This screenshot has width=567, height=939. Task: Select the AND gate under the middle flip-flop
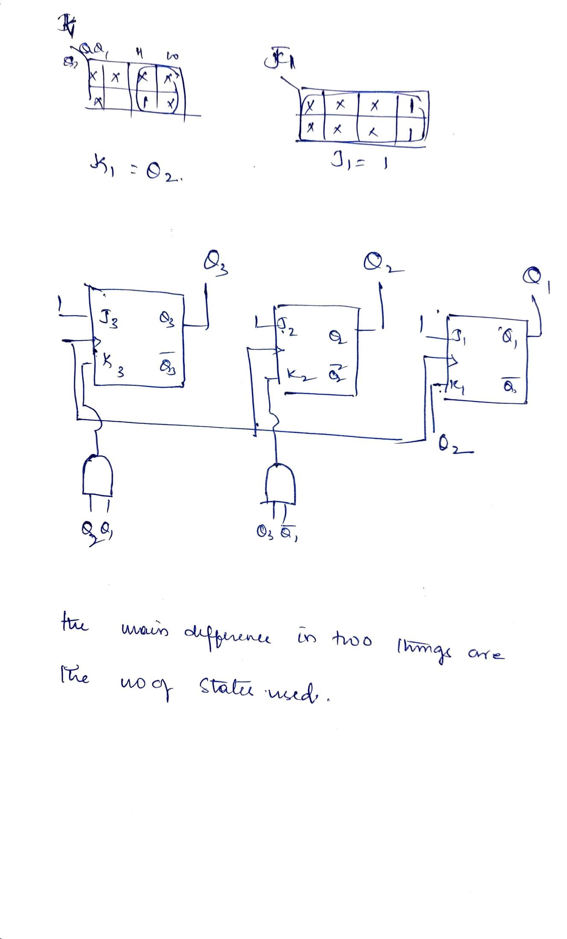point(280,484)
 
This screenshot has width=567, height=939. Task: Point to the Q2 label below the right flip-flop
point(449,449)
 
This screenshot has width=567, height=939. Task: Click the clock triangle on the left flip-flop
point(96,342)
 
